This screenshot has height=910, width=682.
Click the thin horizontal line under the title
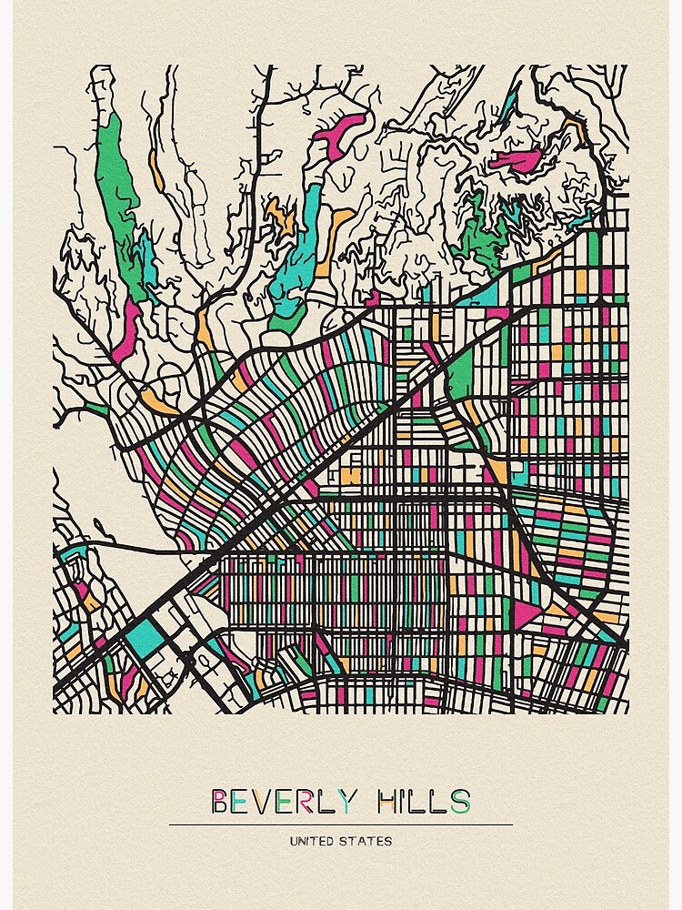click(340, 824)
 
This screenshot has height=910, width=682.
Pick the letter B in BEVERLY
click(219, 801)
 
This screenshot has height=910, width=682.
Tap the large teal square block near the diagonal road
click(145, 636)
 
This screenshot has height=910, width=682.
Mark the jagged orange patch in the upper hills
click(280, 216)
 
